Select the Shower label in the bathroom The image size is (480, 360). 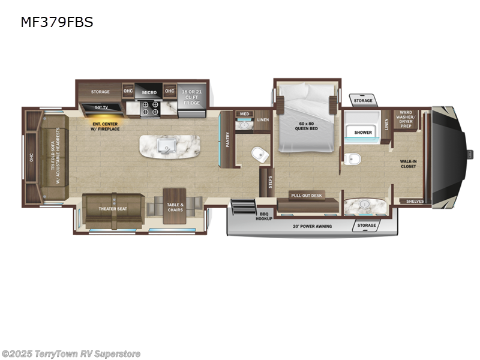(x=363, y=132)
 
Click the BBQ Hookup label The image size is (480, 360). (x=265, y=217)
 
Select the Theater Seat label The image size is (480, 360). (x=113, y=209)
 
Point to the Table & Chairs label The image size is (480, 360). (x=175, y=208)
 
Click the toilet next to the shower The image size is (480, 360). (x=353, y=158)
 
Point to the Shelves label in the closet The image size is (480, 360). (x=415, y=202)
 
